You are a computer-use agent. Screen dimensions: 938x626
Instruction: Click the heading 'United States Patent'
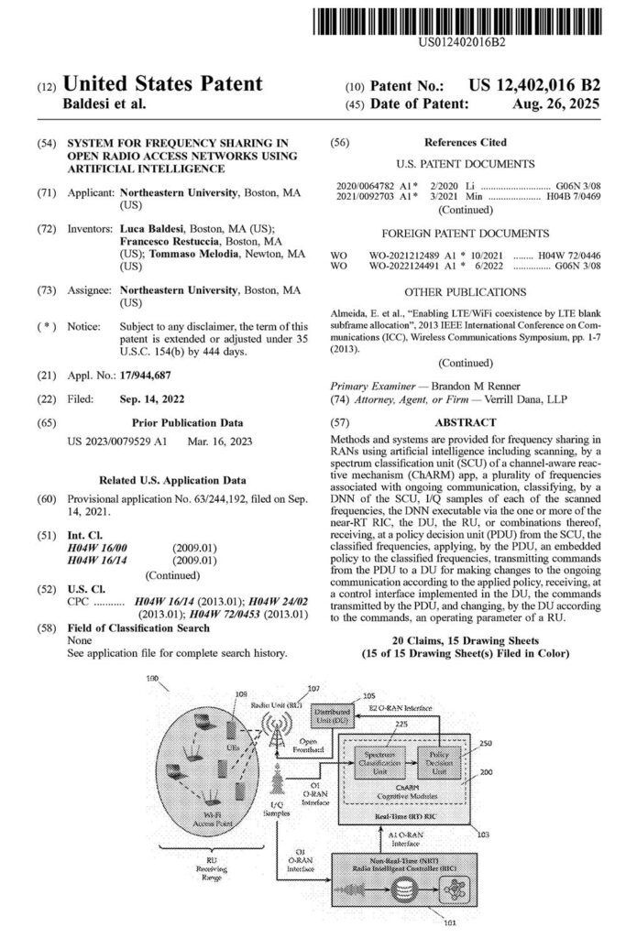(x=161, y=85)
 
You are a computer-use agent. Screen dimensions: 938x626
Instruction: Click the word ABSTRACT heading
(x=466, y=423)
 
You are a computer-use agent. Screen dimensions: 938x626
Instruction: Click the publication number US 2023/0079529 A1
(x=118, y=442)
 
